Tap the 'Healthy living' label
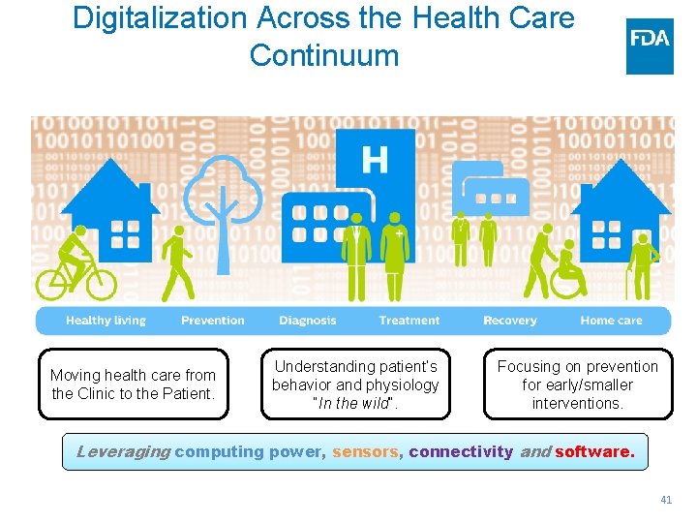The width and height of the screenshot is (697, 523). (x=106, y=321)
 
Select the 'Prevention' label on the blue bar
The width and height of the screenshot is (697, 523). (x=213, y=321)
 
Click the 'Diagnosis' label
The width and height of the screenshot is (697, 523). (x=308, y=321)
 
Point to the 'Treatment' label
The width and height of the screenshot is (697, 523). (x=409, y=321)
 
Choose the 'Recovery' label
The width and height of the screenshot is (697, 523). (x=509, y=321)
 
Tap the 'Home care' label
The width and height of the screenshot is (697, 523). (x=611, y=321)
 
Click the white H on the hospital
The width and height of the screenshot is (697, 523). (x=374, y=159)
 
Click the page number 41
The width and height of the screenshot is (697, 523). (x=665, y=500)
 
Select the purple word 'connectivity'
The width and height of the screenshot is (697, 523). (x=461, y=451)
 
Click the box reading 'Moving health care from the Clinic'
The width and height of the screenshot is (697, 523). (x=134, y=384)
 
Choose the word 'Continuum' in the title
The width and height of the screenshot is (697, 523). (x=323, y=55)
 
